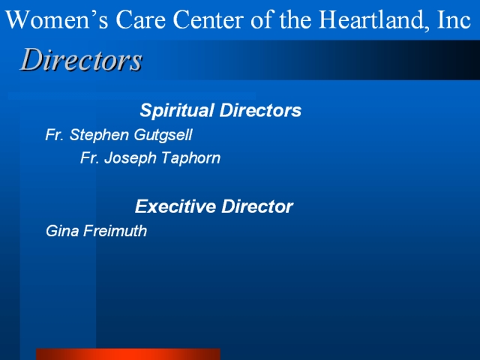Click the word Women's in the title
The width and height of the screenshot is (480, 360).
point(57,19)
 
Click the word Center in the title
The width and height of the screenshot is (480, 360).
point(208,19)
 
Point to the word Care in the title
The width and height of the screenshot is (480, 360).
point(140,19)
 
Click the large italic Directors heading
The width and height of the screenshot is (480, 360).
point(81,59)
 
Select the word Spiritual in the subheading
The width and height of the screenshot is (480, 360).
point(177,111)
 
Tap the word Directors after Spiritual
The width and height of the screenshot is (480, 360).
point(260,110)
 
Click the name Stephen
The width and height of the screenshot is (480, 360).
point(99,135)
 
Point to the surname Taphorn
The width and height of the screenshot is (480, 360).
point(190,158)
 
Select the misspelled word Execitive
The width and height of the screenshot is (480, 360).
point(175,207)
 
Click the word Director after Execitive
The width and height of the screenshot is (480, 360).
point(257,207)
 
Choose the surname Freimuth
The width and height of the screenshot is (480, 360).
point(115,231)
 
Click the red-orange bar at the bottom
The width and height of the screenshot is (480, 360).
point(128,354)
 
